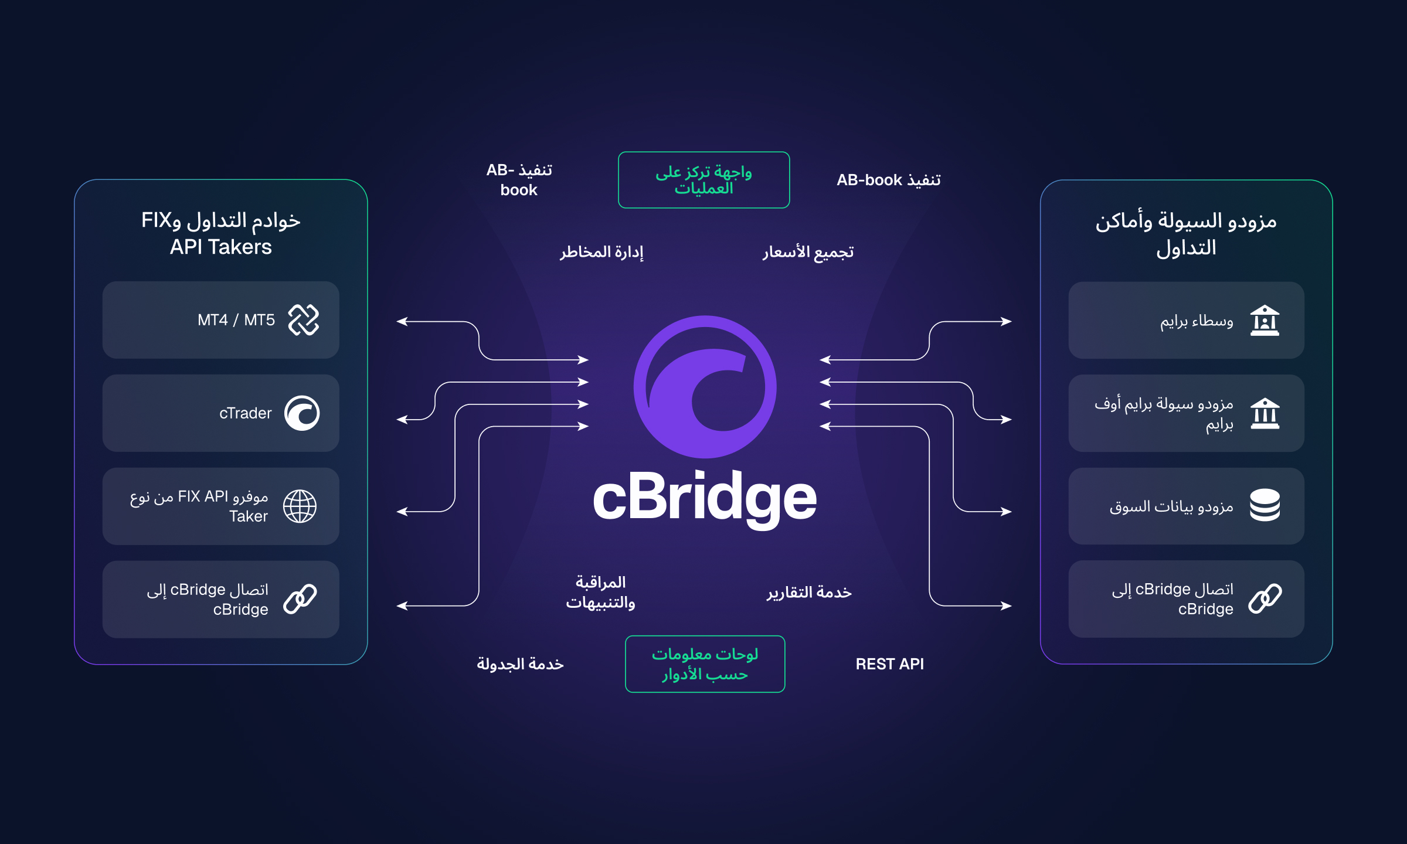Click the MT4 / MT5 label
[x=236, y=320]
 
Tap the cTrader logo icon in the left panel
[x=302, y=413]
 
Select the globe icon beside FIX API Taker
[x=300, y=506]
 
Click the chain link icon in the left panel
[x=300, y=599]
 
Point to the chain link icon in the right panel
[x=1265, y=598]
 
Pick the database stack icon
[x=1265, y=505]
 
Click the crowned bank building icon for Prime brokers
[x=1265, y=321]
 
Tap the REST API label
[x=889, y=664]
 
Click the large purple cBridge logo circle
[x=705, y=387]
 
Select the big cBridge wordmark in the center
[x=705, y=498]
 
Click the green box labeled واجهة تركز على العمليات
[x=704, y=180]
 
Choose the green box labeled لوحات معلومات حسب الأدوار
[x=705, y=664]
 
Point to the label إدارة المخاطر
[x=601, y=252]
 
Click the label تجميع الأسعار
[x=808, y=252]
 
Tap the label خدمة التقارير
[x=809, y=593]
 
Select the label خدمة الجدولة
[x=520, y=664]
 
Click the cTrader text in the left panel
[x=245, y=413]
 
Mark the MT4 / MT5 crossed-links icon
[x=304, y=320]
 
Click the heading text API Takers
[x=220, y=247]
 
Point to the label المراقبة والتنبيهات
[x=600, y=593]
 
